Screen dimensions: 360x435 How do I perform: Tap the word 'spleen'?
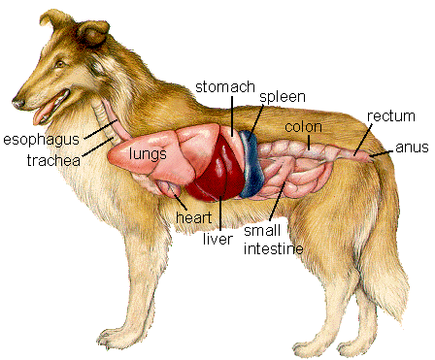(x=282, y=99)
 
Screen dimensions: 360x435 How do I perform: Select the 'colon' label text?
(x=304, y=127)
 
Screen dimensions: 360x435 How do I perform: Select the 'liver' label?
(x=219, y=238)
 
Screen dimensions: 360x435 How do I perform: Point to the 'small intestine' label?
(x=273, y=240)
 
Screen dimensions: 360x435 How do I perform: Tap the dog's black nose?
(x=17, y=100)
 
